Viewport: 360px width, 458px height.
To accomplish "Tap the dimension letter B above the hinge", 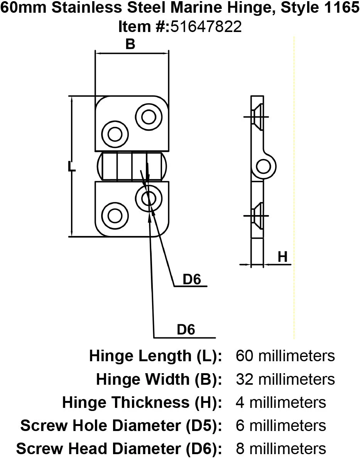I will [x=130, y=44].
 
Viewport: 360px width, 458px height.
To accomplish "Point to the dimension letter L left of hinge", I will [x=71, y=167].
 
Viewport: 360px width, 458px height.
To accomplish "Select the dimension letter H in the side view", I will [x=283, y=257].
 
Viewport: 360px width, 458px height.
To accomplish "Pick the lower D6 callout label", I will [x=186, y=330].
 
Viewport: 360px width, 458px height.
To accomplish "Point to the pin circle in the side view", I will [x=264, y=167].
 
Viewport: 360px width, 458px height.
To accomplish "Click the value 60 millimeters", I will [x=285, y=355].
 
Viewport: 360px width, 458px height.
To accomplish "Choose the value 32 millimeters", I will [x=285, y=379].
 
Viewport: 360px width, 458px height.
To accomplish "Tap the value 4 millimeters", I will [x=281, y=402].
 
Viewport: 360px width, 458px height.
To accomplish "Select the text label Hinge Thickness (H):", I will [x=142, y=402].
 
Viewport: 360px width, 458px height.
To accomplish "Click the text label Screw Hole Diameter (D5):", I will [x=121, y=426].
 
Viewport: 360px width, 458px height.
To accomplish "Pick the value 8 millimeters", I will [x=281, y=449].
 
